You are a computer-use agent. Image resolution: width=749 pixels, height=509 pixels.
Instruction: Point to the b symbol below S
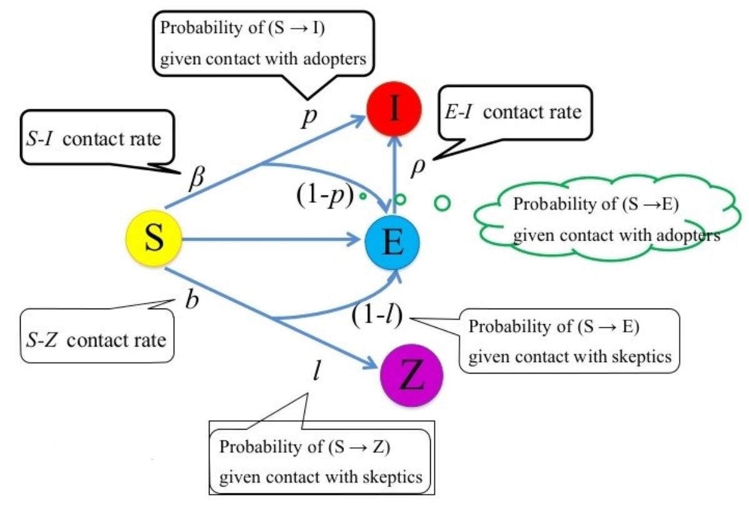(x=193, y=299)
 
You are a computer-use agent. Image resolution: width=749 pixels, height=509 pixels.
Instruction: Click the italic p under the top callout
(x=306, y=119)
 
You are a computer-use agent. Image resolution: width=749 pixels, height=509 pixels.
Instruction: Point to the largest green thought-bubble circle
(x=442, y=202)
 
